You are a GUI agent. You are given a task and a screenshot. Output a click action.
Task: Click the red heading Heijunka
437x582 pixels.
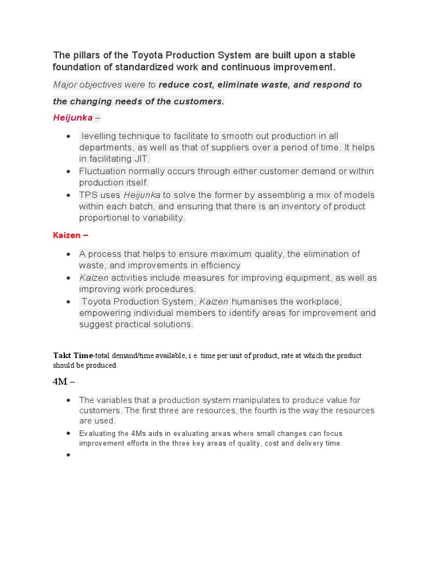73,118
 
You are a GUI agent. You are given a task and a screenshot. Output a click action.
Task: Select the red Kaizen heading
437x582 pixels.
67,235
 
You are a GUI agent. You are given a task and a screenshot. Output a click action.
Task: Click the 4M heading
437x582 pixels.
60,381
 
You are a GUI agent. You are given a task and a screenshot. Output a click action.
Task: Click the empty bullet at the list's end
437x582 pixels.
68,455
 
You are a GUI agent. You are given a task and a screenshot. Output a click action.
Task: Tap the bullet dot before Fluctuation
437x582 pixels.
68,172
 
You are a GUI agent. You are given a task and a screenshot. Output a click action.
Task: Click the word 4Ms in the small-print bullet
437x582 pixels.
140,434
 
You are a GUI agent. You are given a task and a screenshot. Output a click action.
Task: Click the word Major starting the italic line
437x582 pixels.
65,85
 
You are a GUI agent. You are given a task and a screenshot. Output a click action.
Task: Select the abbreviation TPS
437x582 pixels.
89,195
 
